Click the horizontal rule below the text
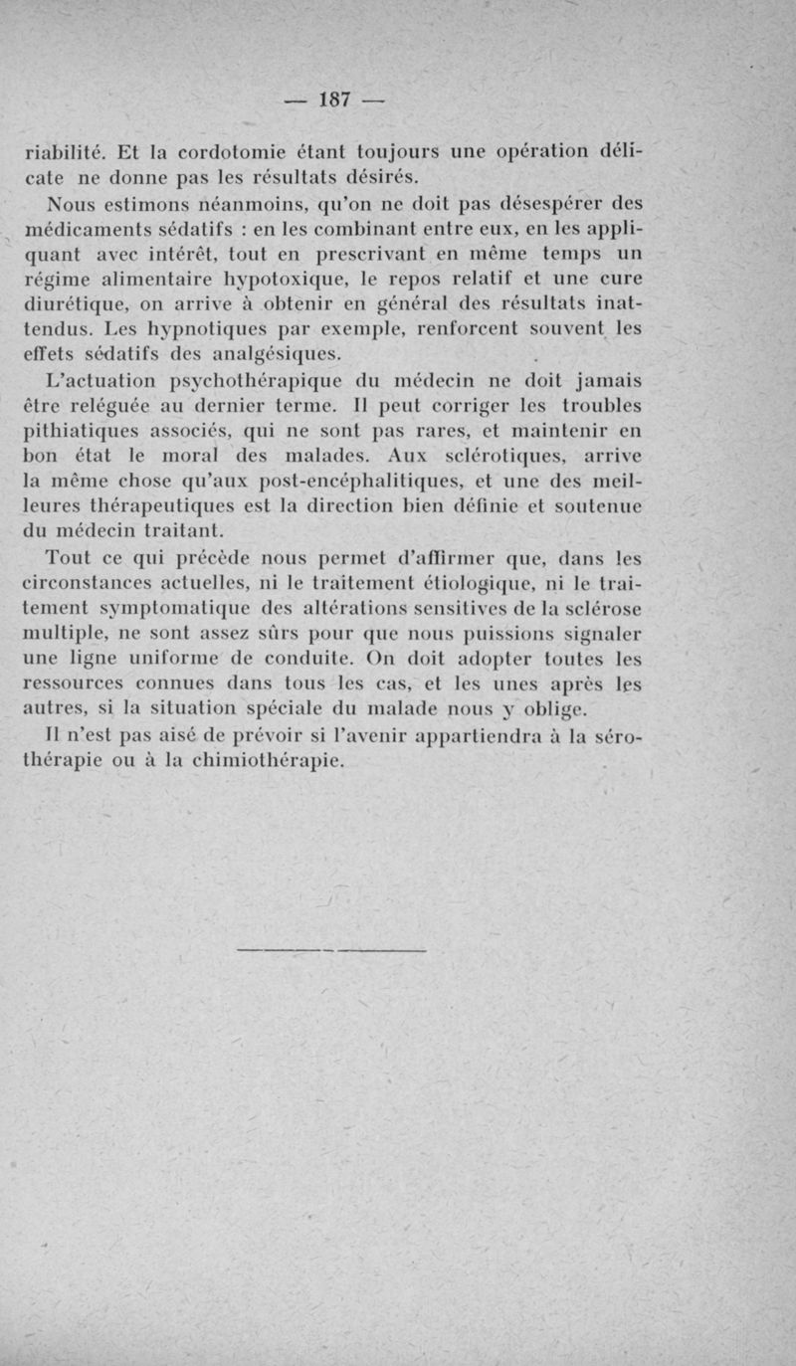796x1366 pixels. (331, 952)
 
